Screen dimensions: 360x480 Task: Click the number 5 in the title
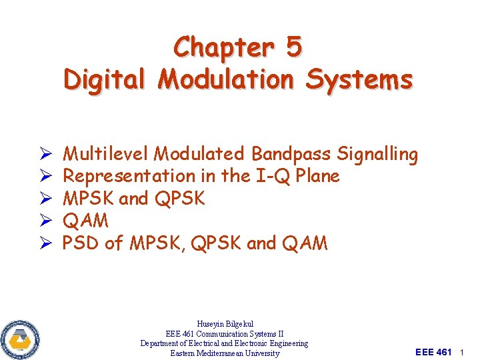293,47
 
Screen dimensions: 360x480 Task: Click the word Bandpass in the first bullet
291,154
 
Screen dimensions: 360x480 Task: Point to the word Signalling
377,154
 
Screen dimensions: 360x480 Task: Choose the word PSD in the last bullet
81,243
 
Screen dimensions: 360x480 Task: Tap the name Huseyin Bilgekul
224,324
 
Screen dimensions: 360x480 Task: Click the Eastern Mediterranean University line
224,353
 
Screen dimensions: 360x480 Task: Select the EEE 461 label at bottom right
433,352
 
